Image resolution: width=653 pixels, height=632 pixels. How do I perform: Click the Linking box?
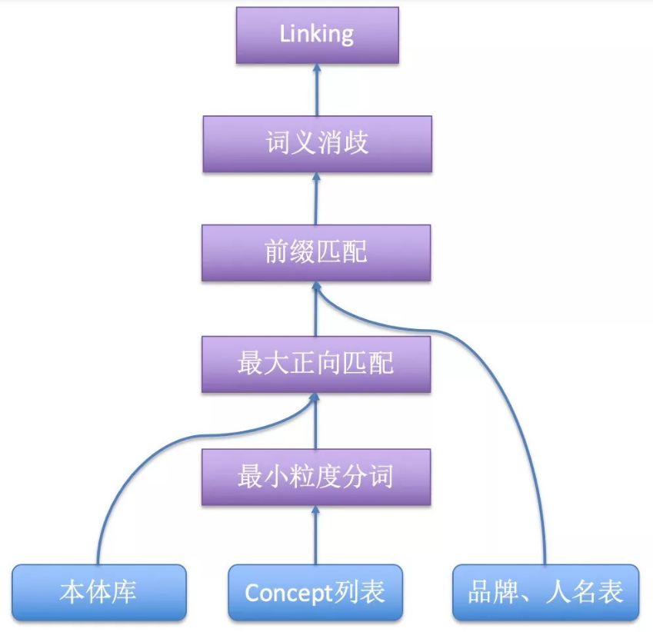[x=317, y=35]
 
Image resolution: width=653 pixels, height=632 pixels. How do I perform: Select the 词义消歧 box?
[x=317, y=144]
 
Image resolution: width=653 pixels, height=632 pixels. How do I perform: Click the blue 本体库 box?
[x=99, y=592]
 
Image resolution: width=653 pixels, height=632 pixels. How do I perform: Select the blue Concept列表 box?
[x=315, y=592]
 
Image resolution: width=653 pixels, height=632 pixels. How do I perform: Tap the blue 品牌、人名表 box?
[x=545, y=592]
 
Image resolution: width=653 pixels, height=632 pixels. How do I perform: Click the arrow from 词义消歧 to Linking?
[x=316, y=91]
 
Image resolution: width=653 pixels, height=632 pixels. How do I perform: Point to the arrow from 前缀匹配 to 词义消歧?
[x=316, y=199]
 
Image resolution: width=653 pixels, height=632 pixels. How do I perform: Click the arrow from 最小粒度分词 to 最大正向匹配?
[x=315, y=421]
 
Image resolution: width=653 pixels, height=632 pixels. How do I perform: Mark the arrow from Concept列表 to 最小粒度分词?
[x=315, y=535]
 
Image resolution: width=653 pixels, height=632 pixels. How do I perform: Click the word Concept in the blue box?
[x=289, y=593]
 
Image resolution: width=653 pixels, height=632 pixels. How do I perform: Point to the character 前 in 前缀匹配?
[x=276, y=253]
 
